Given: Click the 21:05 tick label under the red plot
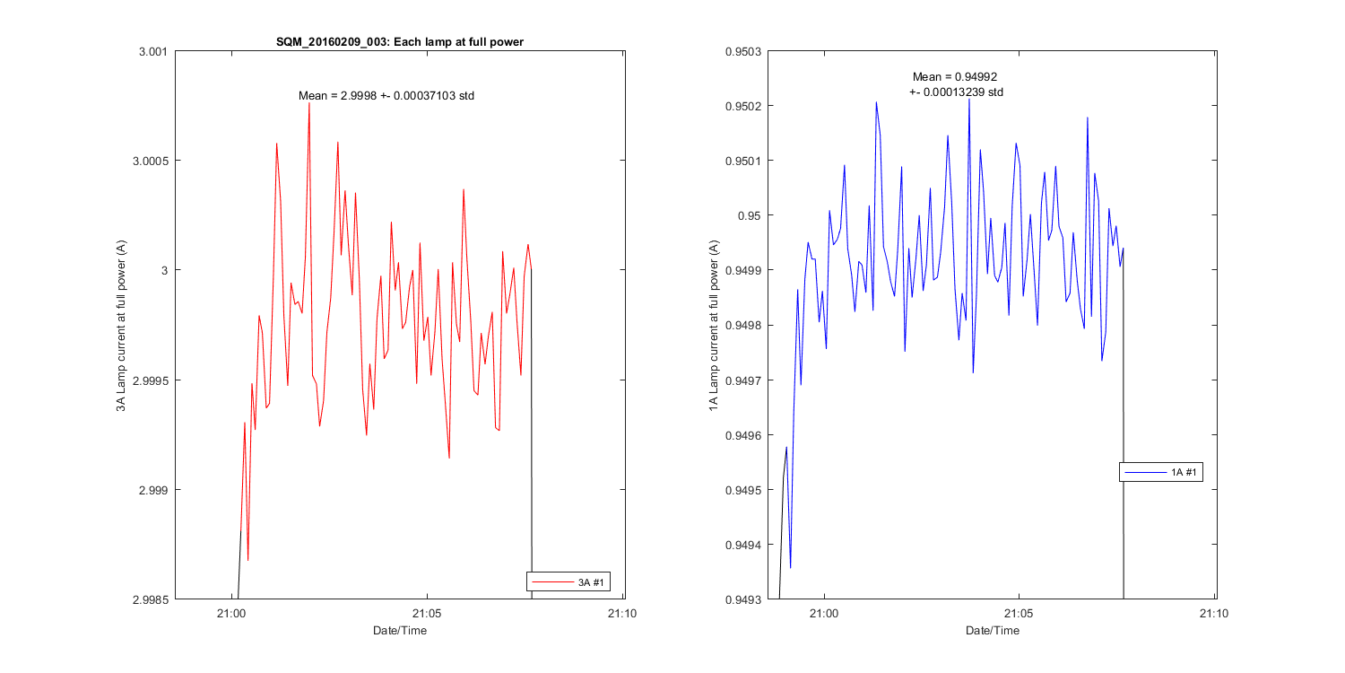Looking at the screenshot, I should pos(426,615).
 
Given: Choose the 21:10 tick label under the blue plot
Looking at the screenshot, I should pos(1213,615).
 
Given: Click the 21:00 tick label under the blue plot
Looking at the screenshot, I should pos(823,615).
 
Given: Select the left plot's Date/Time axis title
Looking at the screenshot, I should pos(400,631).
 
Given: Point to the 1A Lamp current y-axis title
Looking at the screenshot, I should pos(713,325).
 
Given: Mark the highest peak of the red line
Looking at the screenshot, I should pos(309,103).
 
